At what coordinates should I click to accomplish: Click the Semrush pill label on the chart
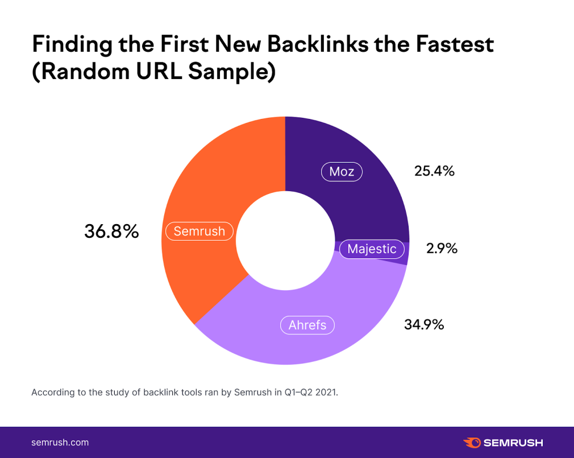pyautogui.click(x=199, y=232)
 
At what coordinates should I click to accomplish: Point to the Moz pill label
pyautogui.click(x=342, y=172)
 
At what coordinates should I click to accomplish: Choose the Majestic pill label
pyautogui.click(x=372, y=249)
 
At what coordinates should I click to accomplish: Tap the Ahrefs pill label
pyautogui.click(x=307, y=325)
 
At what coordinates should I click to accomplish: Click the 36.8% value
pyautogui.click(x=111, y=232)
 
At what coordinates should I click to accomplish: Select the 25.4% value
pyautogui.click(x=434, y=171)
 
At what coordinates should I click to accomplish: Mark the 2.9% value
pyautogui.click(x=442, y=249)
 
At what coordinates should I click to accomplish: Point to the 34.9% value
pyautogui.click(x=424, y=325)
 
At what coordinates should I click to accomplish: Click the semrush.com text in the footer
pyautogui.click(x=60, y=442)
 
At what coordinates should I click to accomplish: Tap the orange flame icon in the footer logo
pyautogui.click(x=472, y=442)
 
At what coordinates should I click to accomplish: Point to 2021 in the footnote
pyautogui.click(x=326, y=393)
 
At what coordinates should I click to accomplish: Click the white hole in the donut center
pyautogui.click(x=285, y=239)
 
